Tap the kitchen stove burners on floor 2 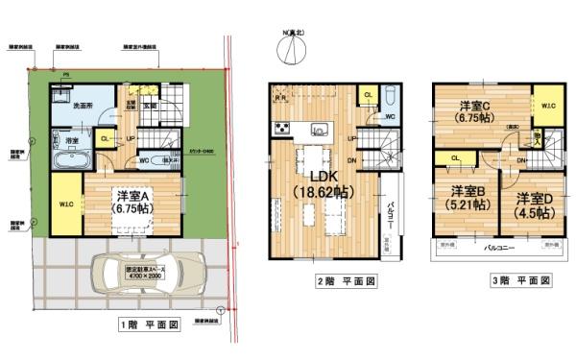coord(283,129)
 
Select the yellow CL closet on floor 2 coord(368,96)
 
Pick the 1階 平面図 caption coord(148,324)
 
